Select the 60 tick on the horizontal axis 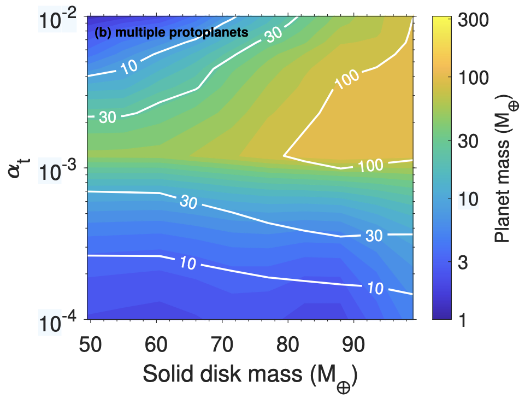tap(158, 346)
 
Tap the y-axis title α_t tap(18, 166)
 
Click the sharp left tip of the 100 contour tap(284, 156)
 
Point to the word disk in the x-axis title tap(217, 374)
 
